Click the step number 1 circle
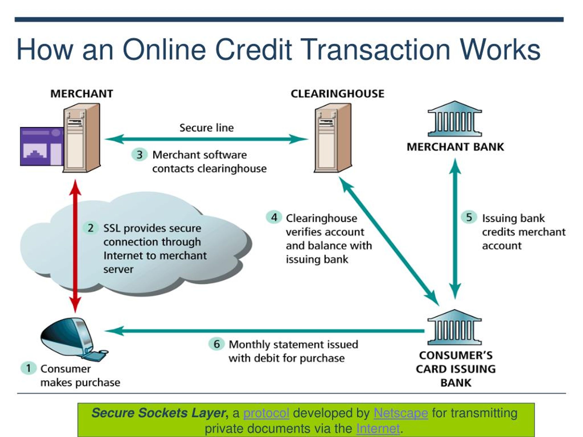28,368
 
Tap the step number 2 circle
91,228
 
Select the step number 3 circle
139,155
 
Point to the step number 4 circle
274,218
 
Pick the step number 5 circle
469,218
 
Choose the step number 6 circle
216,344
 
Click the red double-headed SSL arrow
75,246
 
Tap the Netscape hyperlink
401,413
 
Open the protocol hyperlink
266,413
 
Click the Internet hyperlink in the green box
378,429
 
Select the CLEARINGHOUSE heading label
337,94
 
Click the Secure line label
206,128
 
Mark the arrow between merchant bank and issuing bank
455,229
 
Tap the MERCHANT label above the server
82,94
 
